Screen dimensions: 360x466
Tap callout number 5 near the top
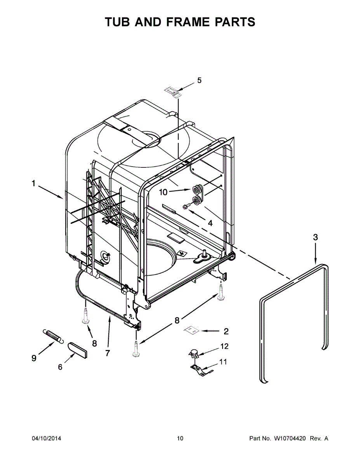199,80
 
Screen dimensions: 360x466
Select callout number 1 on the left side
34,183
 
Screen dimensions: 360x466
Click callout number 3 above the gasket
315,237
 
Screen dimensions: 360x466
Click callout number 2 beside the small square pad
226,331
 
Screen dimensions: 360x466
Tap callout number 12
224,346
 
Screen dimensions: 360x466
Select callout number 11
223,362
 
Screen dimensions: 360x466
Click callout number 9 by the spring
34,358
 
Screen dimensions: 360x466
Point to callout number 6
60,366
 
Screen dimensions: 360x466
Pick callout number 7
107,353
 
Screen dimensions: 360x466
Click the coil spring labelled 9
52,336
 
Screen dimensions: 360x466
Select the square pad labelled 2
191,330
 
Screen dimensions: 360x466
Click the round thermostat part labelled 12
193,353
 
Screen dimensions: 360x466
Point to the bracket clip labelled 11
200,369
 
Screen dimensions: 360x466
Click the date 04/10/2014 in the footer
46,438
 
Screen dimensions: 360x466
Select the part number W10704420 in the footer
290,438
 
